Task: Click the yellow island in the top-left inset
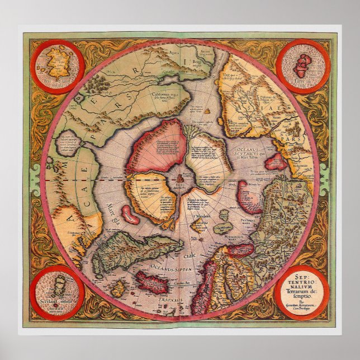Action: (x=58, y=63)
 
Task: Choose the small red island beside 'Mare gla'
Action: (x=128, y=214)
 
